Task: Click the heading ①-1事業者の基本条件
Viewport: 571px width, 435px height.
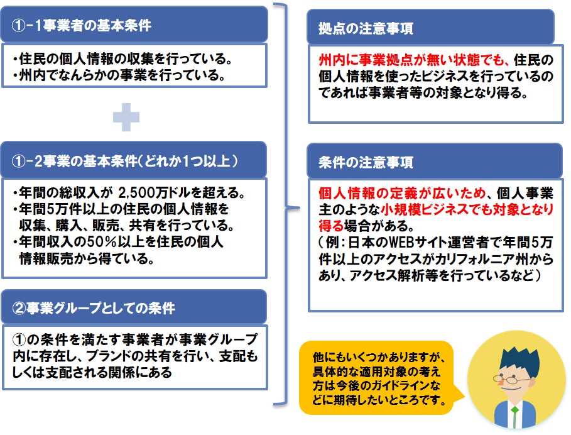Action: pyautogui.click(x=82, y=26)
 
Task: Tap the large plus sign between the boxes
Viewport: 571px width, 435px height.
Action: pyautogui.click(x=126, y=117)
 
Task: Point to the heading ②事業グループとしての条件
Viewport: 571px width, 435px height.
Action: pyautogui.click(x=94, y=308)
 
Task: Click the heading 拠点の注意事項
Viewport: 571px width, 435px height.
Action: pyautogui.click(x=366, y=28)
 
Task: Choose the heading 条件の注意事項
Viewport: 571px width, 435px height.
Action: pyautogui.click(x=366, y=162)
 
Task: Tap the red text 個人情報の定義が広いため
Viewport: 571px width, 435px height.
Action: pyautogui.click(x=402, y=193)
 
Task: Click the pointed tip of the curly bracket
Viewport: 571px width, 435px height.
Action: pyautogui.click(x=300, y=208)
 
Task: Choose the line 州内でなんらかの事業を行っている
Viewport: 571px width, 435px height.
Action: pyautogui.click(x=122, y=75)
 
